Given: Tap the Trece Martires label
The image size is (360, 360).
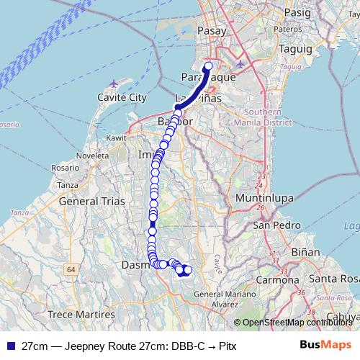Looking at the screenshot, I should [x=81, y=315].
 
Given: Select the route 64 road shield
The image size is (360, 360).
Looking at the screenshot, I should [x=71, y=269].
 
